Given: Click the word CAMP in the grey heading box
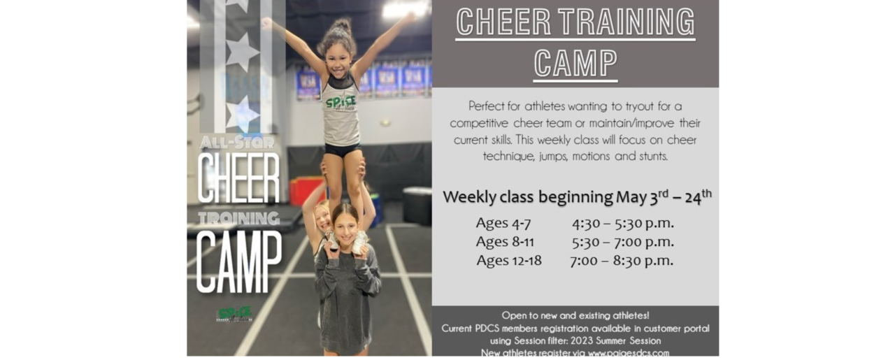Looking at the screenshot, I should (x=575, y=64).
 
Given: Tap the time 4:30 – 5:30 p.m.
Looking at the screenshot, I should (x=622, y=224).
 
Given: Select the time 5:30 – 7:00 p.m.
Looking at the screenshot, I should (x=622, y=242).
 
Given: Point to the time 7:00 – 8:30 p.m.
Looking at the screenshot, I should (x=622, y=261).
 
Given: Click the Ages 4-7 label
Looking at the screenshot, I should (x=503, y=224).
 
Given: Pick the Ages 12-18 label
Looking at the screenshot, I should (x=509, y=261).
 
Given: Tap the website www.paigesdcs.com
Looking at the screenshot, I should (x=629, y=353).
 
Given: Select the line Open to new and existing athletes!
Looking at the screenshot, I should (x=575, y=315).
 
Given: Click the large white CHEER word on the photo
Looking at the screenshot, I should (x=238, y=178).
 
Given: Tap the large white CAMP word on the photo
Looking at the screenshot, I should (x=238, y=262).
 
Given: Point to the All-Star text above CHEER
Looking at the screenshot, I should (x=237, y=143).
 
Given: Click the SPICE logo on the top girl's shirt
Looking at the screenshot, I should (x=341, y=101).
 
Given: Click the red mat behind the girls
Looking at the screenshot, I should (x=306, y=190).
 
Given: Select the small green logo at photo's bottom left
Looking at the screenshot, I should (x=235, y=313).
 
